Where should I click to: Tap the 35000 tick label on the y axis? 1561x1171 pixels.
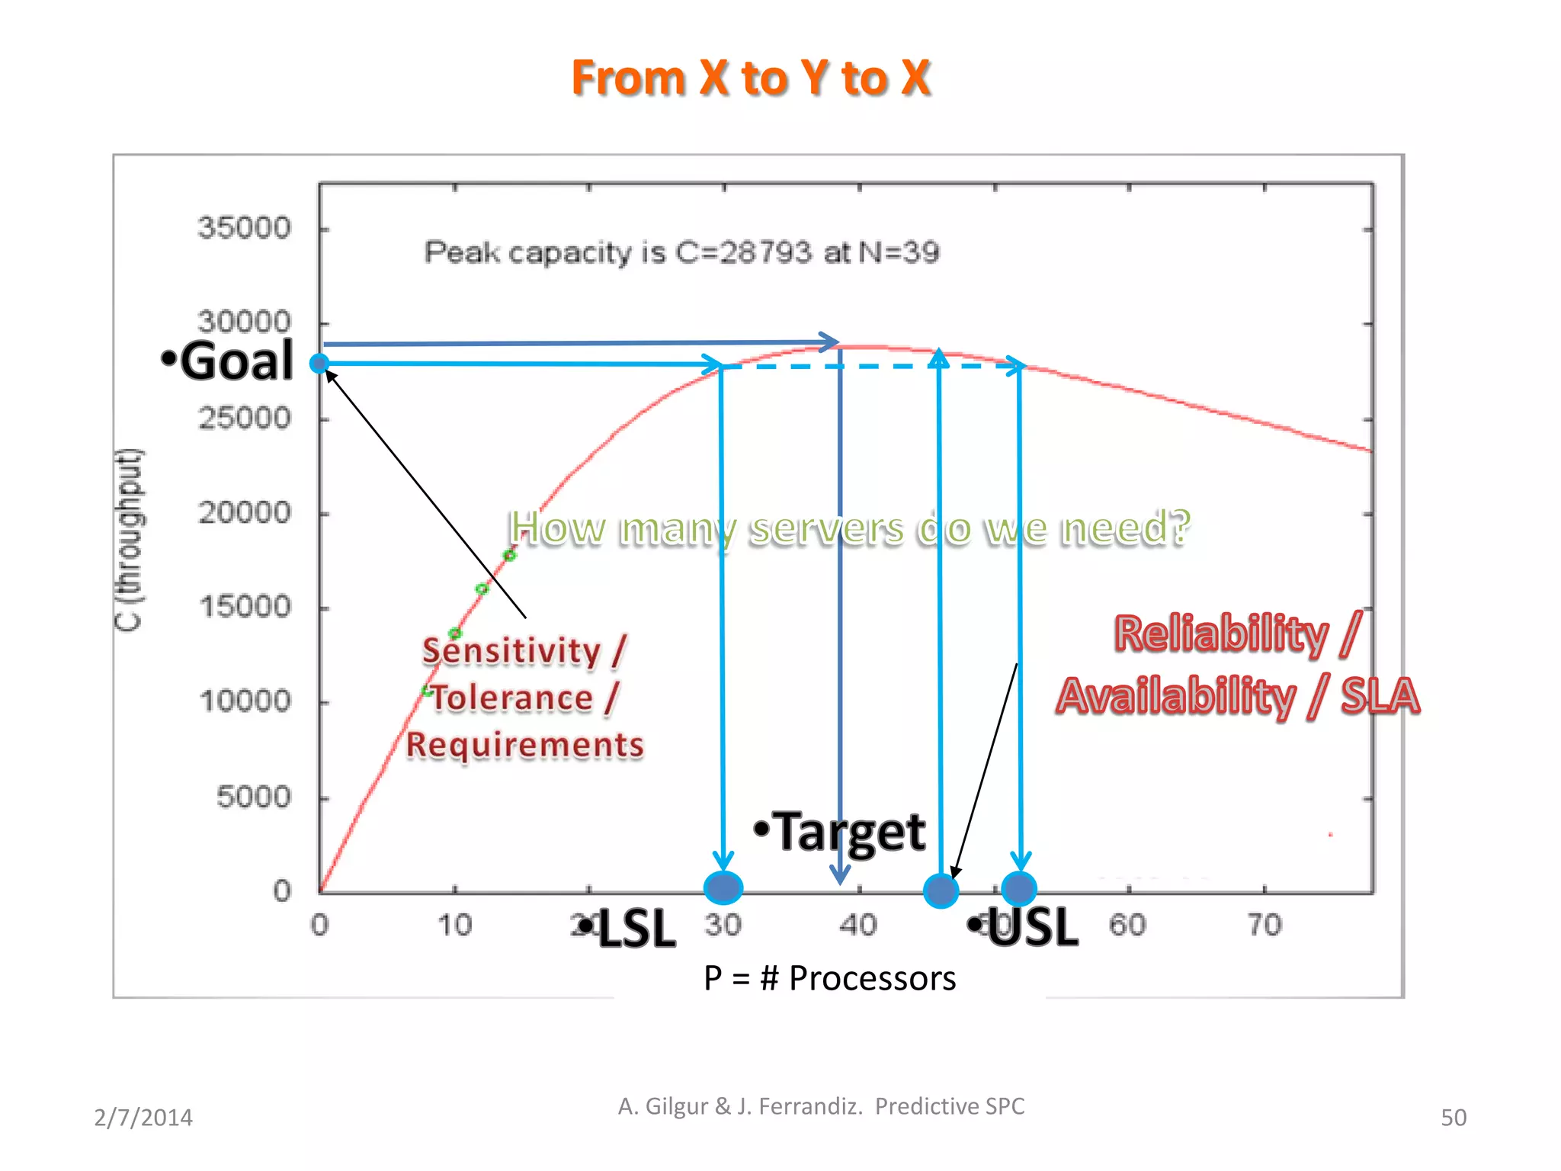click(244, 228)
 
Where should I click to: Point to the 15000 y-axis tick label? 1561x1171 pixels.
click(245, 607)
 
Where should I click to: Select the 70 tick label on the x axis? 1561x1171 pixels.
click(1264, 925)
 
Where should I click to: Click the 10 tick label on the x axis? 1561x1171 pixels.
click(454, 925)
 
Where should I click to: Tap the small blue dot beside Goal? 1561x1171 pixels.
click(319, 364)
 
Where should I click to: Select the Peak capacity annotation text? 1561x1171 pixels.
click(681, 252)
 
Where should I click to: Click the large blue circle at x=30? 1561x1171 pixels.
click(723, 887)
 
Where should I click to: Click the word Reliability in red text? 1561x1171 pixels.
click(1220, 634)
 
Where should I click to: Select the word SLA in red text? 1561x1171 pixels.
click(1379, 696)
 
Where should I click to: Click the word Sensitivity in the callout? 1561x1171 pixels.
click(511, 651)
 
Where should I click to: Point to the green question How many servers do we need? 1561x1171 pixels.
click(849, 528)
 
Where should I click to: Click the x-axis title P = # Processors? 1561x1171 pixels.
click(829, 978)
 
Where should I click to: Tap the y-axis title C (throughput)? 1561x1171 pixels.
click(129, 540)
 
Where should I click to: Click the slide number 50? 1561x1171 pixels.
click(1453, 1118)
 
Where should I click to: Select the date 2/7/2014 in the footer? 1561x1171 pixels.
click(143, 1118)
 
